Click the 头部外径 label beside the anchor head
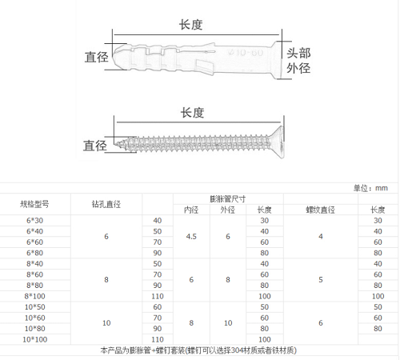pos(298,61)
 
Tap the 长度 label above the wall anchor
pos(190,25)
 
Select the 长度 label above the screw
pos(192,113)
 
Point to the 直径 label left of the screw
pos(95,146)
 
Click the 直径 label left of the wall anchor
pos(97,57)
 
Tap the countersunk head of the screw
pos(278,142)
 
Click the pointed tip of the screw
pos(115,145)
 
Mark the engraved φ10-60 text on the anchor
pos(246,52)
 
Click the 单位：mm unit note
pos(370,188)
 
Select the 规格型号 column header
pos(34,204)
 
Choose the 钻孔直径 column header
pos(106,204)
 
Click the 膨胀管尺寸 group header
pos(228,199)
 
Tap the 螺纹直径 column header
pos(320,210)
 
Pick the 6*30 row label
pos(34,221)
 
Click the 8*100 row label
pos(34,296)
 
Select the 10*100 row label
pos(34,339)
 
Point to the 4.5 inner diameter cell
pos(191,237)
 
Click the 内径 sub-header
pos(191,210)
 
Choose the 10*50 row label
pos(34,307)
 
